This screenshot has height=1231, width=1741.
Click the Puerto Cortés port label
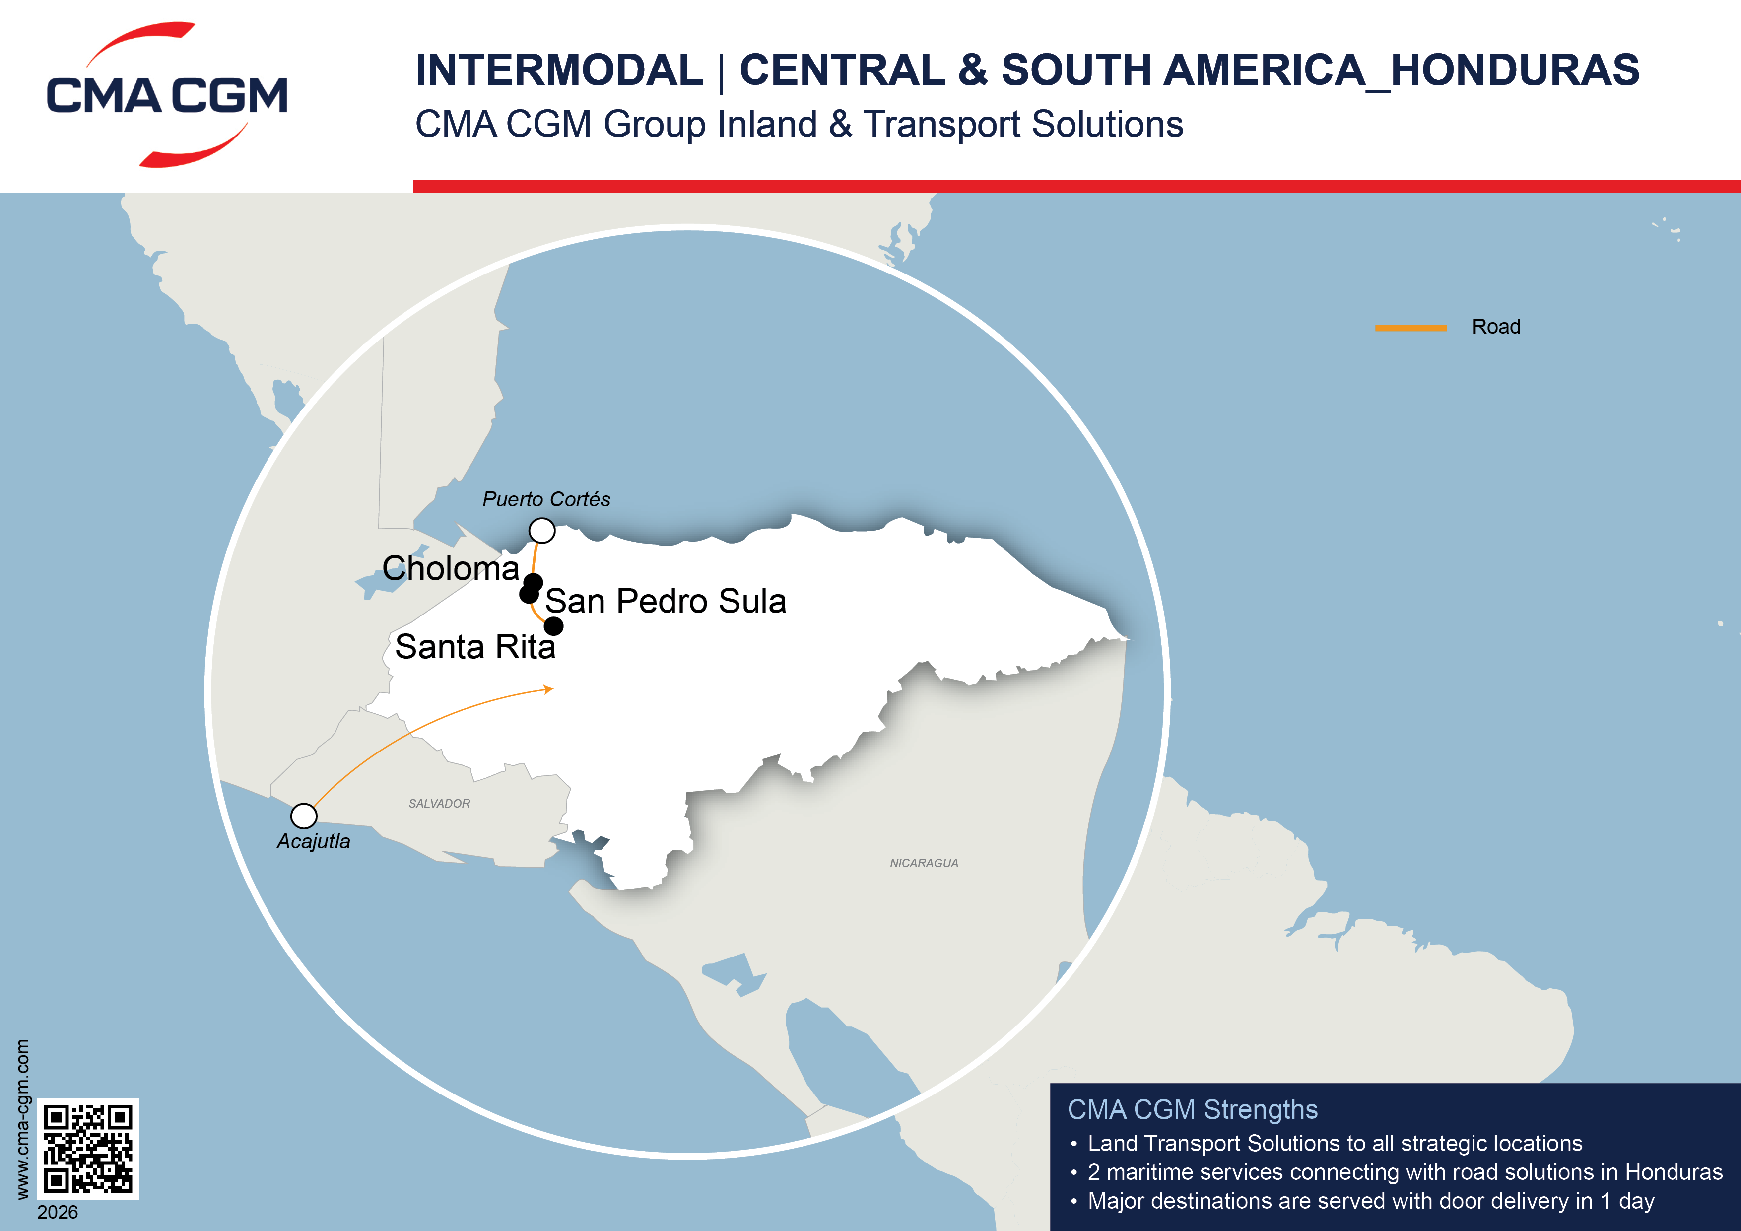546,499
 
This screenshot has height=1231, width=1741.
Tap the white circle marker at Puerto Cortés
541,530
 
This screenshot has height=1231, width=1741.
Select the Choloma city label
451,568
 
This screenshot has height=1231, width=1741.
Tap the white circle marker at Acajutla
303,816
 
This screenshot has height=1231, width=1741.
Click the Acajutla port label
313,841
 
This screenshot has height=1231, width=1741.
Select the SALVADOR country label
439,803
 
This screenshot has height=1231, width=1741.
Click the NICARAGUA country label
924,863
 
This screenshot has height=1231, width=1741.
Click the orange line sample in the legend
1410,328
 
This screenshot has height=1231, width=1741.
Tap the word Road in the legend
1495,327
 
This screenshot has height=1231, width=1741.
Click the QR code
88,1148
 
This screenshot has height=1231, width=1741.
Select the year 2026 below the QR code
58,1212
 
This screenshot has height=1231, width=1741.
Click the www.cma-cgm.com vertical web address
23,1119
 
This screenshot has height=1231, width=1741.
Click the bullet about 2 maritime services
1405,1172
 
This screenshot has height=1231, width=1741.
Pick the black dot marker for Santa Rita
554,626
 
